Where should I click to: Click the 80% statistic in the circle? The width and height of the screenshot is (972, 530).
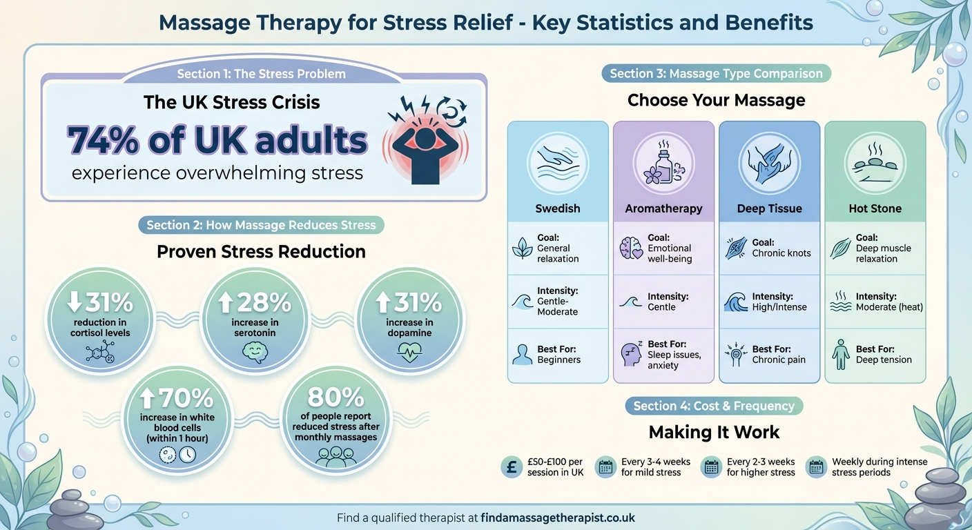click(336, 397)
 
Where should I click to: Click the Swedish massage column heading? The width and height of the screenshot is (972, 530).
click(558, 208)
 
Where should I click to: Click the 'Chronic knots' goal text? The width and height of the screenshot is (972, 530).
click(781, 253)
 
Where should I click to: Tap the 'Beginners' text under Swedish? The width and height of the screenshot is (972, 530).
click(559, 360)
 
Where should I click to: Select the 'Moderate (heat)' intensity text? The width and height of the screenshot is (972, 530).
click(889, 307)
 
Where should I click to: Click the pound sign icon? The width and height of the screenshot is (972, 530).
click(512, 467)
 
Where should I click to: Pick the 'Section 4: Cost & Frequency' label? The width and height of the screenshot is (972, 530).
click(714, 406)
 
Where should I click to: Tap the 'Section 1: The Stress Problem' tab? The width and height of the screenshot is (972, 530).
click(261, 74)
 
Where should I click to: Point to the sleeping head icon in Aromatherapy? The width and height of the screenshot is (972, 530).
click(631, 354)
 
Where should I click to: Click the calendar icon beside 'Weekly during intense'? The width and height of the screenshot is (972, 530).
click(816, 467)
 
